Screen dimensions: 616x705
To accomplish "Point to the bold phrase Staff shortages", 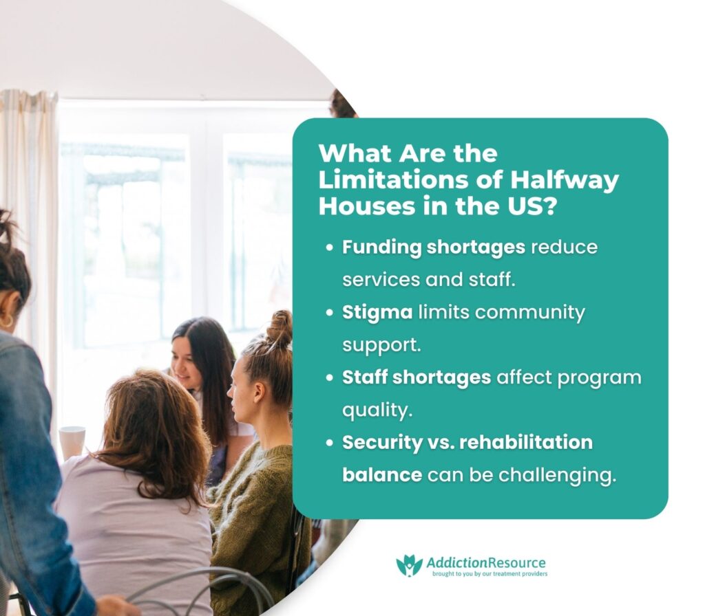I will [417, 377].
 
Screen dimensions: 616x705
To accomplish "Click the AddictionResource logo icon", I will [409, 565].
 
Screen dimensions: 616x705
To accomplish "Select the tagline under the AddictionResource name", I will [488, 573].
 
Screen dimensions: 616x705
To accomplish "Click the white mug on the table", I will [72, 441].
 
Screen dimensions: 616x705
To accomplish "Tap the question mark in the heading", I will [548, 207].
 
